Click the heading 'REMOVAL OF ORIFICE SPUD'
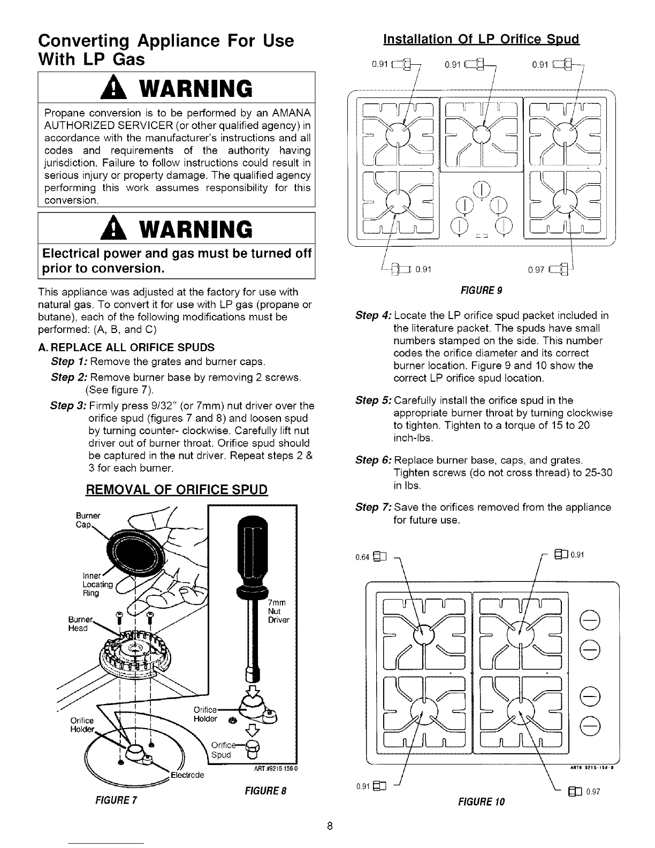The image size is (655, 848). tap(177, 490)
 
